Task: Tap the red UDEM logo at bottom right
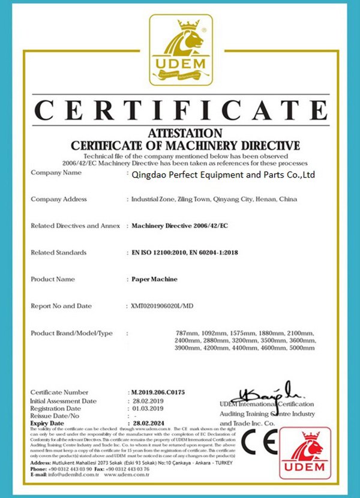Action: [x=305, y=453]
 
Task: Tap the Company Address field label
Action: [x=59, y=199]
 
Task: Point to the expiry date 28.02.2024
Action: [x=148, y=423]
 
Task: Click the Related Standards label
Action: [x=58, y=253]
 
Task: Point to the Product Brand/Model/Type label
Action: [x=71, y=332]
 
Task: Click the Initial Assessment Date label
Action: [x=63, y=400]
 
